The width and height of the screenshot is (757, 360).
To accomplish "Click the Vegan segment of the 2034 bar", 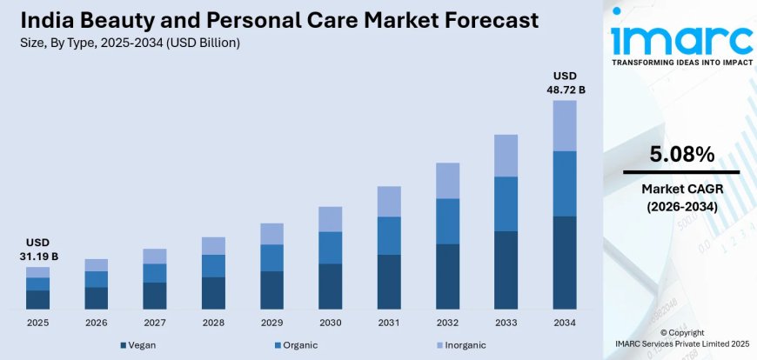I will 565,263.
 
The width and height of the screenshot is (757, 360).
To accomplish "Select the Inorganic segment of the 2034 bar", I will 565,125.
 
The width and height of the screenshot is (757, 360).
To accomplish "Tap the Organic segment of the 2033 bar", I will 506,203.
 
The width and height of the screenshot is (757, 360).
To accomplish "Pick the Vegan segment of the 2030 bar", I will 330,286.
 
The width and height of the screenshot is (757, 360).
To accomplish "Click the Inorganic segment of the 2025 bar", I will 37,272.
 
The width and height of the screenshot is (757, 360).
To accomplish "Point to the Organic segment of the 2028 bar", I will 213,266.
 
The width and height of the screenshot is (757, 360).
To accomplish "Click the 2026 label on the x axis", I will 96,323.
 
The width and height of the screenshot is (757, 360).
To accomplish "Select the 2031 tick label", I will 389,323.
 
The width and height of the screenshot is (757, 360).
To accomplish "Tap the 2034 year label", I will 565,323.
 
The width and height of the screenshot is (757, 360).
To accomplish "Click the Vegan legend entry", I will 138,345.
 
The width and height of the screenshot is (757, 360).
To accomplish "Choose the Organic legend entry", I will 296,345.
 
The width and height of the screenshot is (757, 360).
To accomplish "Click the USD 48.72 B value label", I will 565,83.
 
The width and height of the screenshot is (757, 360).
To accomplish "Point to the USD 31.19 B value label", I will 37,250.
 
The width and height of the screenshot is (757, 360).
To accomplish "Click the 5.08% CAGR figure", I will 681,156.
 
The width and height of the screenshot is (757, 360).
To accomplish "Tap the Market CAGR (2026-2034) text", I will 681,197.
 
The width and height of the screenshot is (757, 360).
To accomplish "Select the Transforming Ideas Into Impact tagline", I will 681,63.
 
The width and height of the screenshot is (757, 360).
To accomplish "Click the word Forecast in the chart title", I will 475,20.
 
